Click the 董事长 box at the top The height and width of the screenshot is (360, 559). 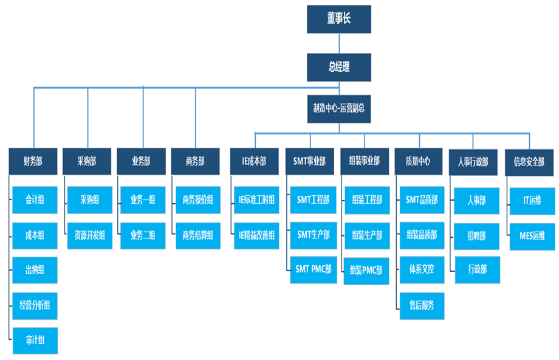pos(338,19)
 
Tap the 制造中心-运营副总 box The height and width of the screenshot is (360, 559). pos(338,109)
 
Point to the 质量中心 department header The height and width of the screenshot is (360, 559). pos(417,161)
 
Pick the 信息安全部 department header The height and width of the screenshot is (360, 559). pos(529,162)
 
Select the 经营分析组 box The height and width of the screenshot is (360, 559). pos(35,305)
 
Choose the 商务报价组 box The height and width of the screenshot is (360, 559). pos(197,200)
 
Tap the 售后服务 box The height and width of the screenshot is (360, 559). pos(422,305)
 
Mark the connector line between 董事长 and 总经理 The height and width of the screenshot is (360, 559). pos(339,43)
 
